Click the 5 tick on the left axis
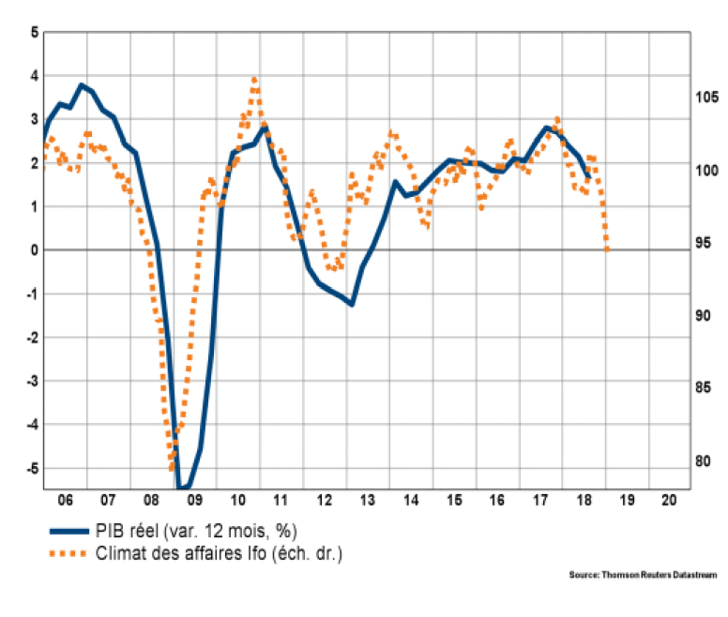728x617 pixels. pyautogui.click(x=35, y=32)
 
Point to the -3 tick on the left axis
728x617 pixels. pyautogui.click(x=33, y=381)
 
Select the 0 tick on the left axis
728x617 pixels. pyautogui.click(x=35, y=250)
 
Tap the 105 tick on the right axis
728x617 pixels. pyautogui.click(x=705, y=97)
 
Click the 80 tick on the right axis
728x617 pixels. pyautogui.click(x=702, y=460)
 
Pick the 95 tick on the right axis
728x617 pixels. pyautogui.click(x=702, y=243)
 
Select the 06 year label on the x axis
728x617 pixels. pyautogui.click(x=68, y=499)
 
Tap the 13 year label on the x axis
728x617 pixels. pyautogui.click(x=367, y=499)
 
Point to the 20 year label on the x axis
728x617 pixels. pyautogui.click(x=669, y=499)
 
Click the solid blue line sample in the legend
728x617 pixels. pyautogui.click(x=68, y=531)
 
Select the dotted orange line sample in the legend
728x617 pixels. pyautogui.click(x=68, y=553)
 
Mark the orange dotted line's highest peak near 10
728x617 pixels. pyautogui.click(x=254, y=79)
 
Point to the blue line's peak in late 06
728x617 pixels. pyautogui.click(x=82, y=85)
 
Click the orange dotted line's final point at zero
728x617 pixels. pyautogui.click(x=608, y=249)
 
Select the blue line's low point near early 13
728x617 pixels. pyautogui.click(x=351, y=304)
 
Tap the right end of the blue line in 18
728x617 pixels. pyautogui.click(x=588, y=176)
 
